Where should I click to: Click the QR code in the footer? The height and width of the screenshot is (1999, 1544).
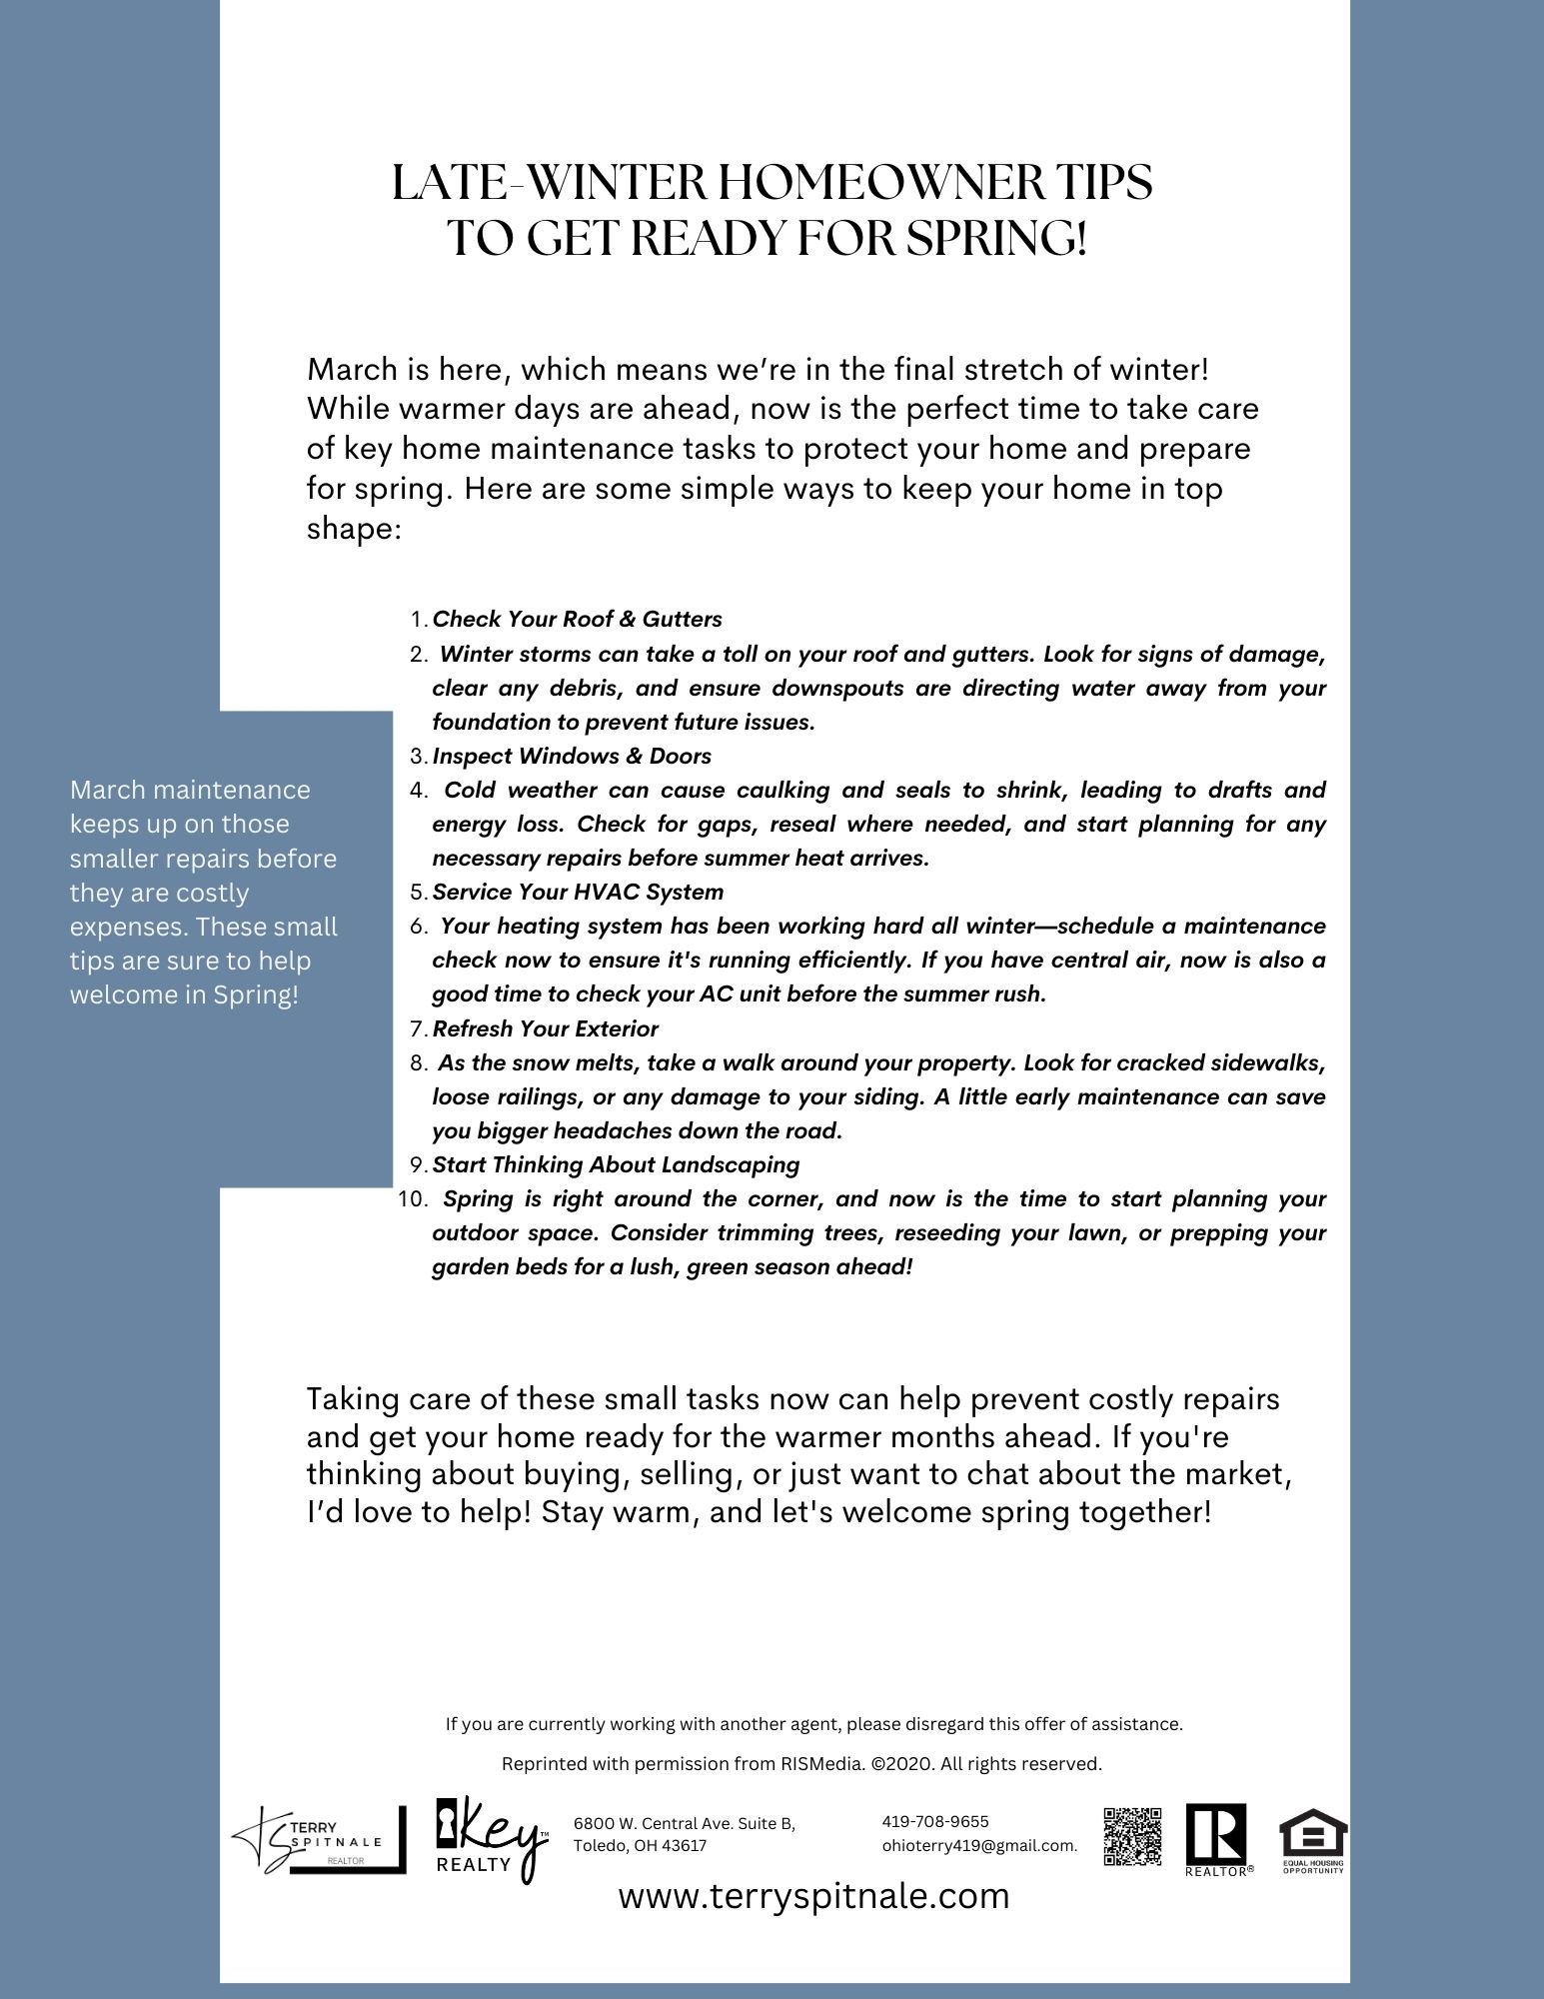1132,1836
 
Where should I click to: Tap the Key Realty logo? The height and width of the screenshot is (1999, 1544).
491,1840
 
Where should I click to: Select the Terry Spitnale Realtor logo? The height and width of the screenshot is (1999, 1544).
319,1840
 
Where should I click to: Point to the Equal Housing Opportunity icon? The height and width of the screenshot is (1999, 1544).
1313,1839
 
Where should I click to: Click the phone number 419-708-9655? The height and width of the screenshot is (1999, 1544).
934,1821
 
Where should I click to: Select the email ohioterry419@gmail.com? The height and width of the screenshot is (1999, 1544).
978,1846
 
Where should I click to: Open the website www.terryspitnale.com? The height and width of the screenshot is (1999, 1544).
813,1896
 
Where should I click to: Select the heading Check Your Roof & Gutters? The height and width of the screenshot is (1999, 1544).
577,620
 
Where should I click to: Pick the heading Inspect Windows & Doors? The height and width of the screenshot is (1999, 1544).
572,756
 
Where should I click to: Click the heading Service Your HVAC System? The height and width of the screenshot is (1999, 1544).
578,892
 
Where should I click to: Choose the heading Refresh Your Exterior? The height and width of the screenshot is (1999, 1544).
545,1028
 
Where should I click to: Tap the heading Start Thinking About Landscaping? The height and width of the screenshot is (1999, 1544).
616,1164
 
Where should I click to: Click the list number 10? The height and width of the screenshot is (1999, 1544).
412,1199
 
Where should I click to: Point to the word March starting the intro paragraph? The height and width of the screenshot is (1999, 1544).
352,370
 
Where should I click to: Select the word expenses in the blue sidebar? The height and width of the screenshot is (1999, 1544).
127,928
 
